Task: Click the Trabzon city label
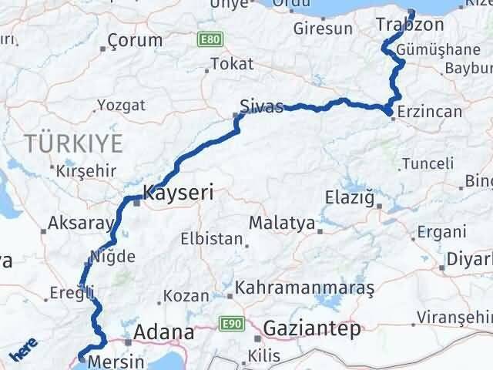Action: coord(399,25)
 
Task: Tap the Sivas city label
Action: coord(261,106)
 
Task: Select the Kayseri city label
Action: coord(177,193)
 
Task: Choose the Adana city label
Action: coord(163,333)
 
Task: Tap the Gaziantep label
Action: coord(311,329)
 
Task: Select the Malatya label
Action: coord(282,224)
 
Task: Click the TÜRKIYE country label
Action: coord(73,143)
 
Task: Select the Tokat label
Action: coord(231,65)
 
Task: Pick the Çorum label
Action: coord(135,40)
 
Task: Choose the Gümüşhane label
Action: coord(430,50)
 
